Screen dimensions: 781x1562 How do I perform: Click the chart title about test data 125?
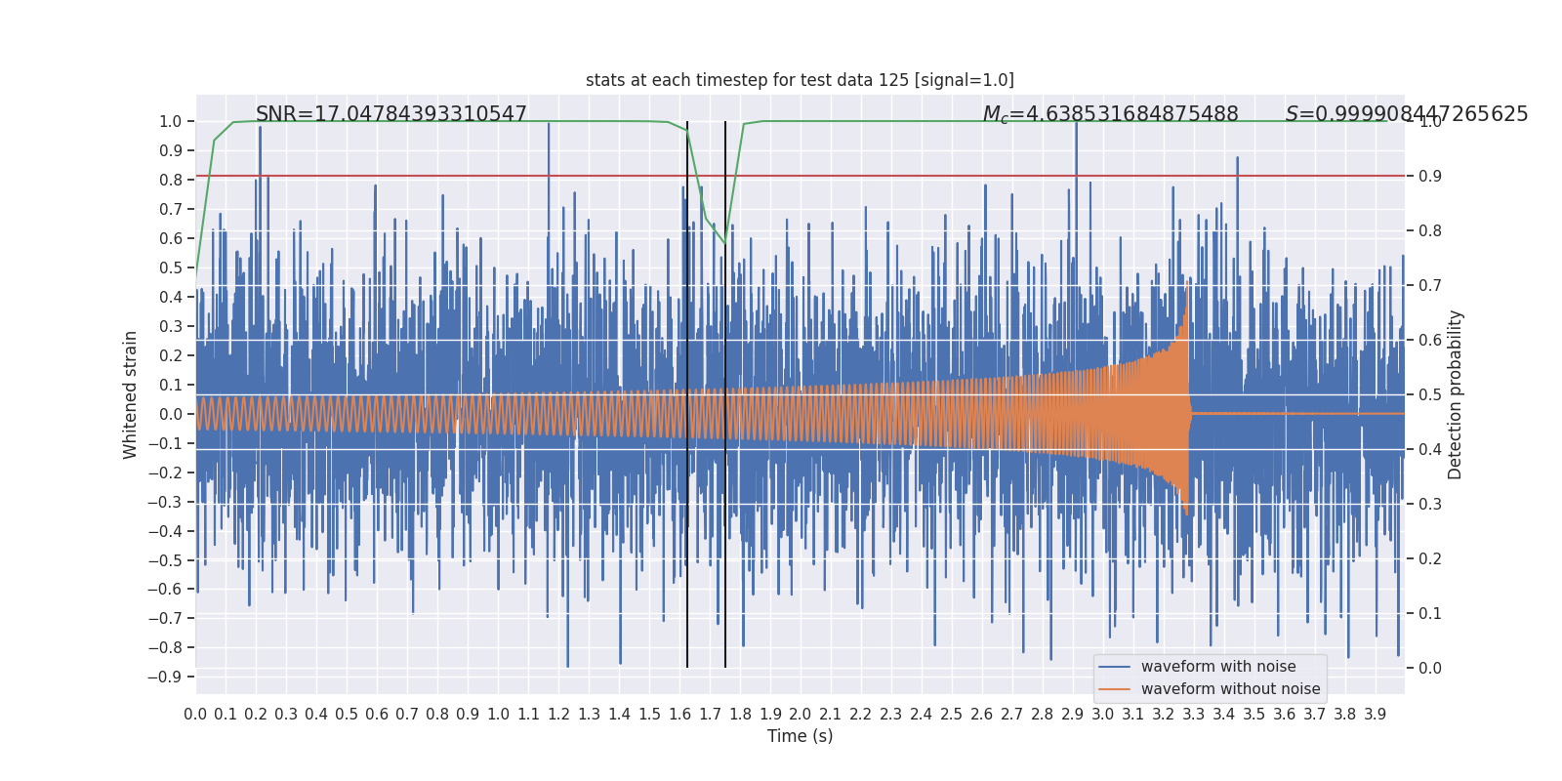800,80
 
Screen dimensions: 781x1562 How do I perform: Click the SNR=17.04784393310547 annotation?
390,114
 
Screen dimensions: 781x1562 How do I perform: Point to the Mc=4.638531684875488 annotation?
1110,114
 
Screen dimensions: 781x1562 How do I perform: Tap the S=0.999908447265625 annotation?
1406,114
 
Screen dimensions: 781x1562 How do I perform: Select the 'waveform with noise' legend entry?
1217,667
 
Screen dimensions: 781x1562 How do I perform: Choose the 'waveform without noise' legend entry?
1229,689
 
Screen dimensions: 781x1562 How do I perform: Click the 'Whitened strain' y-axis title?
131,394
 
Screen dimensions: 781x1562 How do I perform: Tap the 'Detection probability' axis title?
1456,394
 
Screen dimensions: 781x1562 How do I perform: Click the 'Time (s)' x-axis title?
800,736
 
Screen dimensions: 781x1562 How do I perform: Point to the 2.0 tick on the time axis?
801,715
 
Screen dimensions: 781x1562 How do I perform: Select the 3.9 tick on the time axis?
1375,715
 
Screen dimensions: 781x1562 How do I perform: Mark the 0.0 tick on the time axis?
195,715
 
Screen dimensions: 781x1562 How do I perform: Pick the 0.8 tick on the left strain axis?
171,180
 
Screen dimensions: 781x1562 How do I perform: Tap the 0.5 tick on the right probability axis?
1429,394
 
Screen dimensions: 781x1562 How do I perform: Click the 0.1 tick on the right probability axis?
1429,613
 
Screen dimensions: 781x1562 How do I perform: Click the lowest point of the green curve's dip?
725,244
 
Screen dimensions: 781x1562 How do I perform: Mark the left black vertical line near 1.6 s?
687,390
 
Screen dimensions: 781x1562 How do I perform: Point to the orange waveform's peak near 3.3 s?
1187,289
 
